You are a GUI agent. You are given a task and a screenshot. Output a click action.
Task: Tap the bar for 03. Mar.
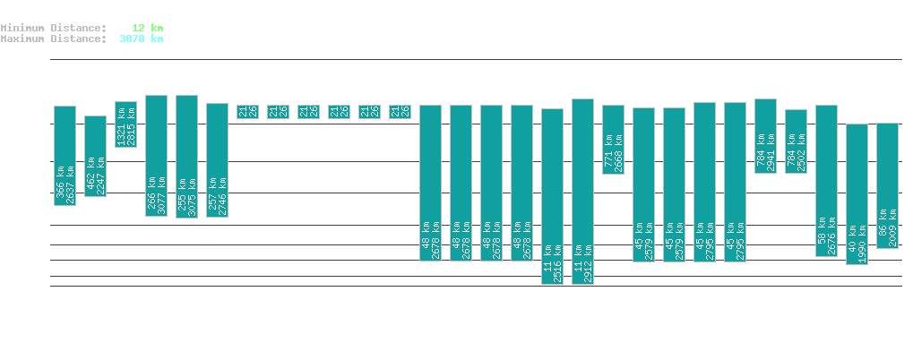point(553,196)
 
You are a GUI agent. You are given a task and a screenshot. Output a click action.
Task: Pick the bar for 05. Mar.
point(613,140)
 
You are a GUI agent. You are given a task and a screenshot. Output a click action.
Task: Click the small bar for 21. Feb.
point(247,111)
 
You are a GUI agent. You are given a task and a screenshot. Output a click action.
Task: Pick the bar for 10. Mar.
point(765,136)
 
